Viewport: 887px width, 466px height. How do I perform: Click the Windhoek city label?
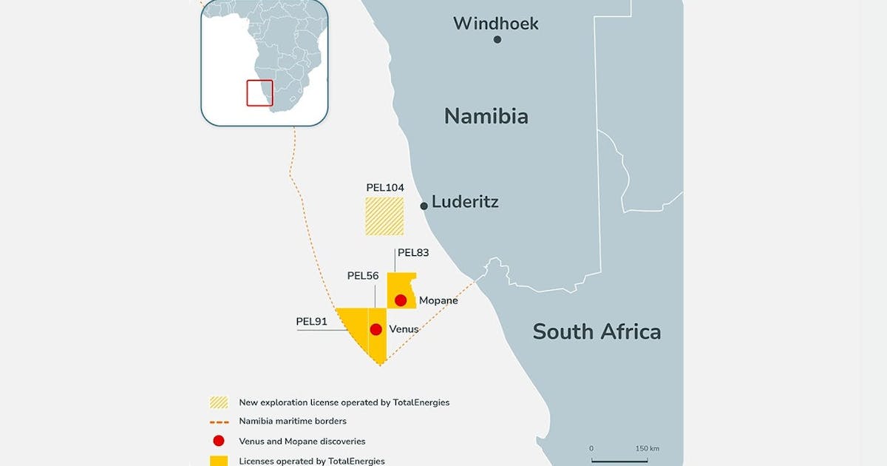(495, 24)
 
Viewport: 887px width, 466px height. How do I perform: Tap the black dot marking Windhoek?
(497, 39)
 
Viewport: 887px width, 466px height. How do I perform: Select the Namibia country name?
(486, 116)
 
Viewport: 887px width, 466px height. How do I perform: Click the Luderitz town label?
(465, 202)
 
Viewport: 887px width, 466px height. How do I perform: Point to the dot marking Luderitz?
(424, 206)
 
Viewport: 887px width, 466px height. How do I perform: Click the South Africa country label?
(597, 331)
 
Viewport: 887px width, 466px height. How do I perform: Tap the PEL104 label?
(385, 188)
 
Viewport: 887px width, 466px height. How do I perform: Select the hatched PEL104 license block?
(384, 216)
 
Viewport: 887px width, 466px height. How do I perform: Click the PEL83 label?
(413, 252)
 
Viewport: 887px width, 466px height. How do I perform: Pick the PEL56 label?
(363, 276)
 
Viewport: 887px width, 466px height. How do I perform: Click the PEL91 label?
(311, 322)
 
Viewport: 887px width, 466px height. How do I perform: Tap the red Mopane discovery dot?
(401, 300)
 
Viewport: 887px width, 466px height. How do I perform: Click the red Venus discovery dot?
(376, 329)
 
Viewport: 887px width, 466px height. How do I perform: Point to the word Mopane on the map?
(438, 301)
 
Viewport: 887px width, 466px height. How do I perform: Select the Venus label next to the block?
(404, 329)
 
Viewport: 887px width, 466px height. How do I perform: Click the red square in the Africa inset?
(259, 92)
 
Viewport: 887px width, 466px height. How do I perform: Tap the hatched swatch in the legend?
(219, 402)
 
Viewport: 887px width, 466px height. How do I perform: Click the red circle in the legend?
(219, 442)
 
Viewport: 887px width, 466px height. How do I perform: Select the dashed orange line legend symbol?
(219, 422)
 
